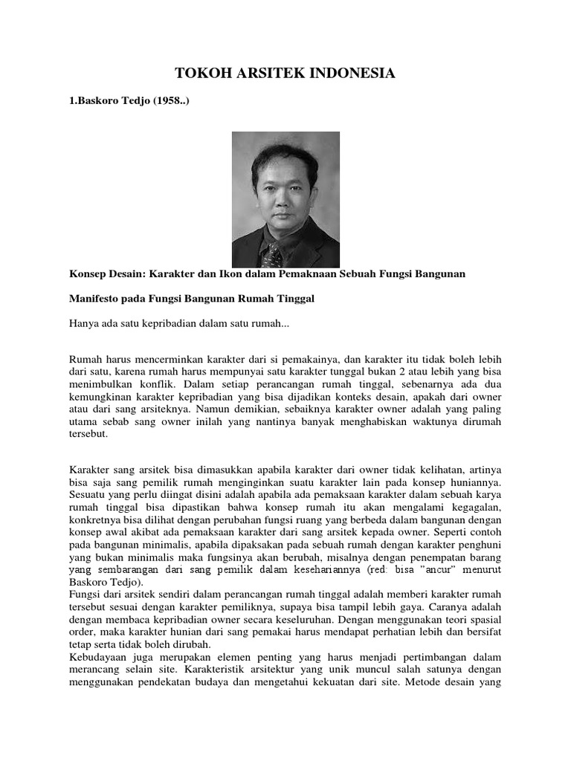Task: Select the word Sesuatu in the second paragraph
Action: (89, 493)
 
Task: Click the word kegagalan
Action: (474, 506)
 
